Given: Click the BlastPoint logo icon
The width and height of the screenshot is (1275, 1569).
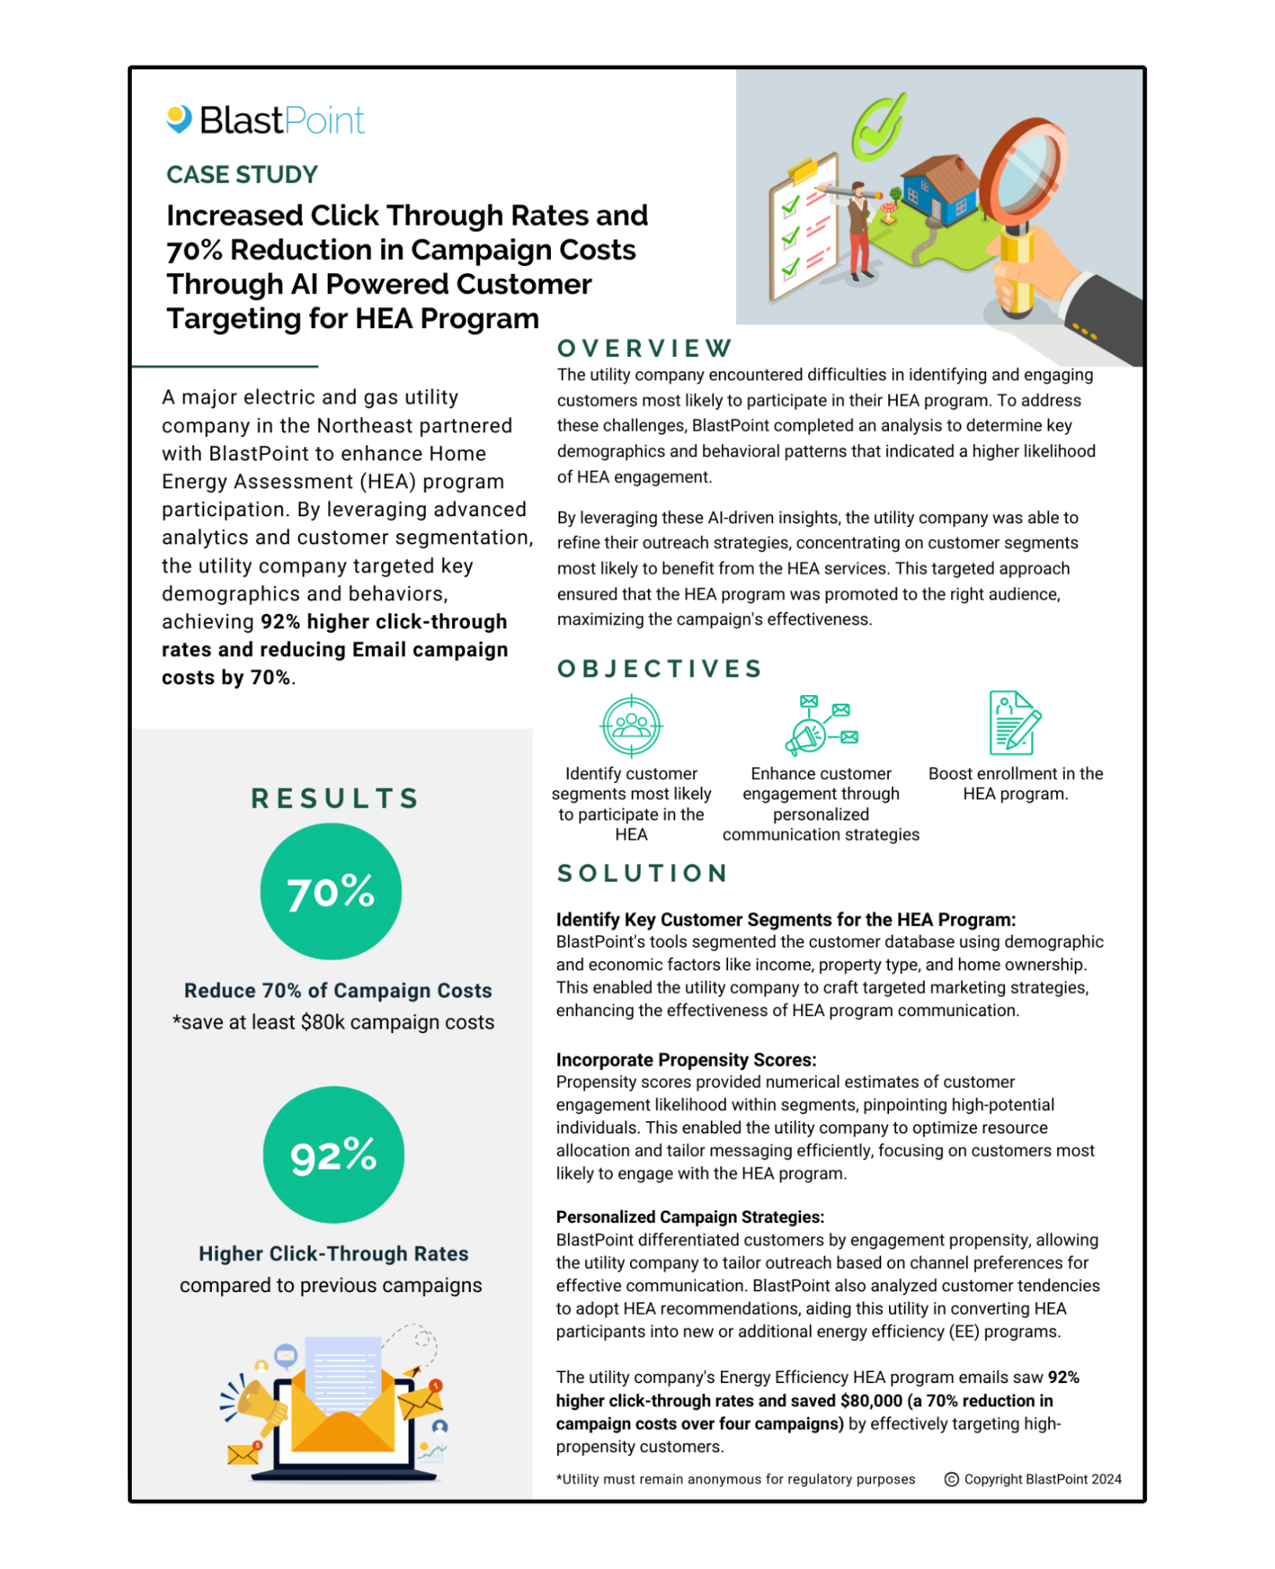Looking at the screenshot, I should [x=180, y=119].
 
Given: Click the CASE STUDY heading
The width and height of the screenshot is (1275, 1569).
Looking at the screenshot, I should [x=242, y=174].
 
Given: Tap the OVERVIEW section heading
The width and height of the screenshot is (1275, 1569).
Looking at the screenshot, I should [x=644, y=348].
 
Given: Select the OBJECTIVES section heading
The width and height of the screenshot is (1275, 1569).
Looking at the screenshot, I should [x=659, y=668].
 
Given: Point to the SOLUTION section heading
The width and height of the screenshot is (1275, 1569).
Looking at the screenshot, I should [x=643, y=873].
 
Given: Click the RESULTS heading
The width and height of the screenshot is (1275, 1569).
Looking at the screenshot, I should [x=335, y=798].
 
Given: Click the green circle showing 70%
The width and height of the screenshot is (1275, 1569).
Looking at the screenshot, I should [x=331, y=891].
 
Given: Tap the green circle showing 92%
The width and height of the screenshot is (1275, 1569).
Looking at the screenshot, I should [x=333, y=1154].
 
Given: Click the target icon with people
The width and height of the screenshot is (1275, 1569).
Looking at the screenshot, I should [x=632, y=726].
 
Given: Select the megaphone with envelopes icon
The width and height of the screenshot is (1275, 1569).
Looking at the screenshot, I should [x=821, y=725].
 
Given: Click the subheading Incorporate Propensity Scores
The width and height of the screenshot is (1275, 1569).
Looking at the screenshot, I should [x=686, y=1060].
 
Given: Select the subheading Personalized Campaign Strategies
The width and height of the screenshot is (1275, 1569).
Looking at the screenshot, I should [x=690, y=1217].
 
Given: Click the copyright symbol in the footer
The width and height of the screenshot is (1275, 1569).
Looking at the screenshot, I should [x=952, y=1480].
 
